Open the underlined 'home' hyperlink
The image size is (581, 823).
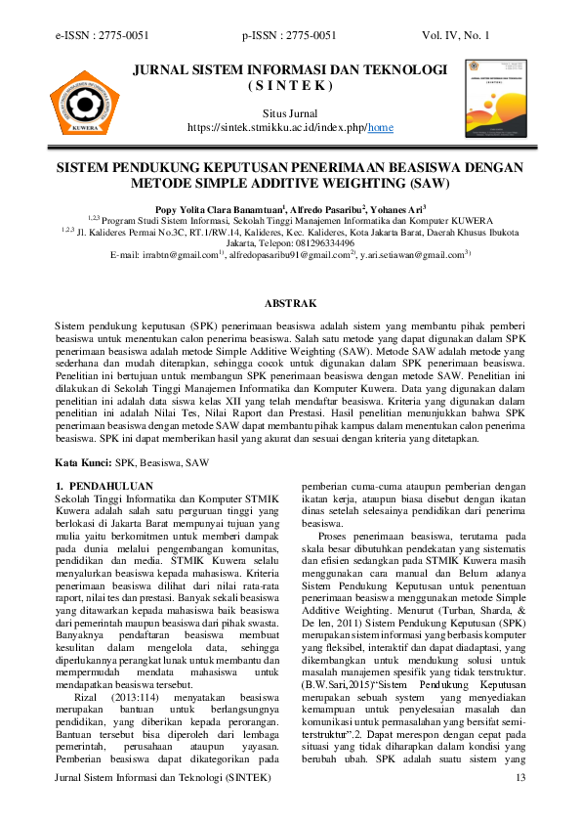click(x=380, y=127)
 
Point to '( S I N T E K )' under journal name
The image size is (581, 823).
click(x=290, y=85)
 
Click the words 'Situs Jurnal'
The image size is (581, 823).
click(x=290, y=113)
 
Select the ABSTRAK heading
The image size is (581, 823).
click(x=290, y=304)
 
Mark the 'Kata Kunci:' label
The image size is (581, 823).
click(x=83, y=460)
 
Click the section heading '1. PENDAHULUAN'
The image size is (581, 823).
click(x=104, y=485)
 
